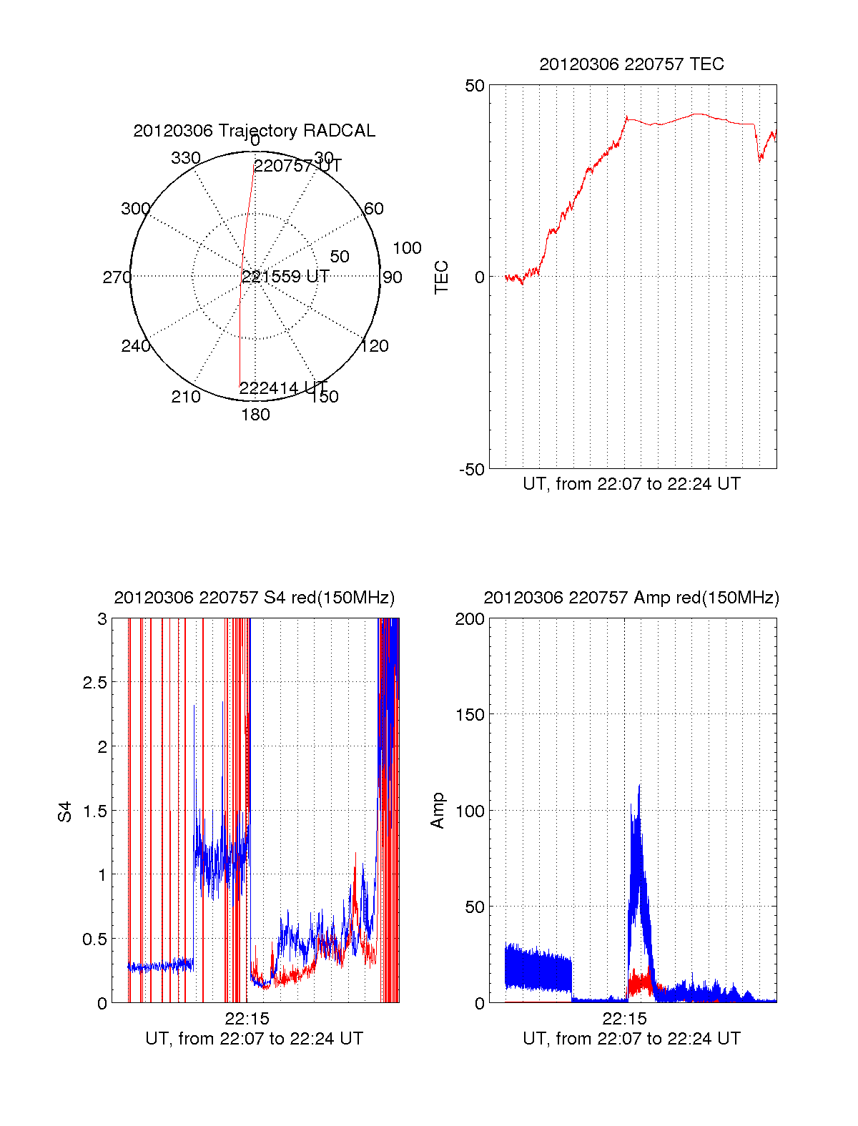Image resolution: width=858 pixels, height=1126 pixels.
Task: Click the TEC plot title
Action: [x=631, y=64]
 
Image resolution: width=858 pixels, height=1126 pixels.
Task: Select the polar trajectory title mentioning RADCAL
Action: [x=254, y=131]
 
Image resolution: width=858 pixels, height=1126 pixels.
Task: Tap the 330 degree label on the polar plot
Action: [x=185, y=158]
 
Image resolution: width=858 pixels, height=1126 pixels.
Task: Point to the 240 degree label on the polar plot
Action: [x=135, y=346]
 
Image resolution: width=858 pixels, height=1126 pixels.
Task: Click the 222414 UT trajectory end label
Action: [x=283, y=388]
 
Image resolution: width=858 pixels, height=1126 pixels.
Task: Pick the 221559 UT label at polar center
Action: [x=285, y=277]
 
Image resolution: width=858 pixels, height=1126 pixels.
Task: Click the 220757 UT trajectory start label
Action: [x=297, y=166]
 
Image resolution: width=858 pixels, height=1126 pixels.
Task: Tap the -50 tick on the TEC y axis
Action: [x=471, y=469]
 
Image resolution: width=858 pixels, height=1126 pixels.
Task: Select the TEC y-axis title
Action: [x=442, y=277]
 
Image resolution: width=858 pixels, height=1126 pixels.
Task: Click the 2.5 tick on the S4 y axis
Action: [x=94, y=682]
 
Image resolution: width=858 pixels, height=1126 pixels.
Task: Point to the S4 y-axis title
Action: [x=65, y=811]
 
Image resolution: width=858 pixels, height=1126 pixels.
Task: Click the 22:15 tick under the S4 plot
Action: [x=247, y=1018]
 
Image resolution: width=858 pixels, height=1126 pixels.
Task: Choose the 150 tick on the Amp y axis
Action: [x=470, y=714]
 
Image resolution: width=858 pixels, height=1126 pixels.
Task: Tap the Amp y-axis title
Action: [x=438, y=811]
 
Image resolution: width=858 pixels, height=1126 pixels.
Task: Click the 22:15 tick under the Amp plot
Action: [x=624, y=1018]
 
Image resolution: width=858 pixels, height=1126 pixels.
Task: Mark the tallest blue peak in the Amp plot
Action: [x=638, y=786]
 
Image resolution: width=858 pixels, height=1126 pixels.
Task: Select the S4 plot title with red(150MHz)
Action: [x=254, y=598]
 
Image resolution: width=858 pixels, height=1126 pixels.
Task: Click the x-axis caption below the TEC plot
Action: [x=631, y=484]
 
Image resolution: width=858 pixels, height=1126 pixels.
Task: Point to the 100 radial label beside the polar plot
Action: [x=407, y=248]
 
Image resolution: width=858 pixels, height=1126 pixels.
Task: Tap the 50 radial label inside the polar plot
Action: [x=340, y=257]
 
